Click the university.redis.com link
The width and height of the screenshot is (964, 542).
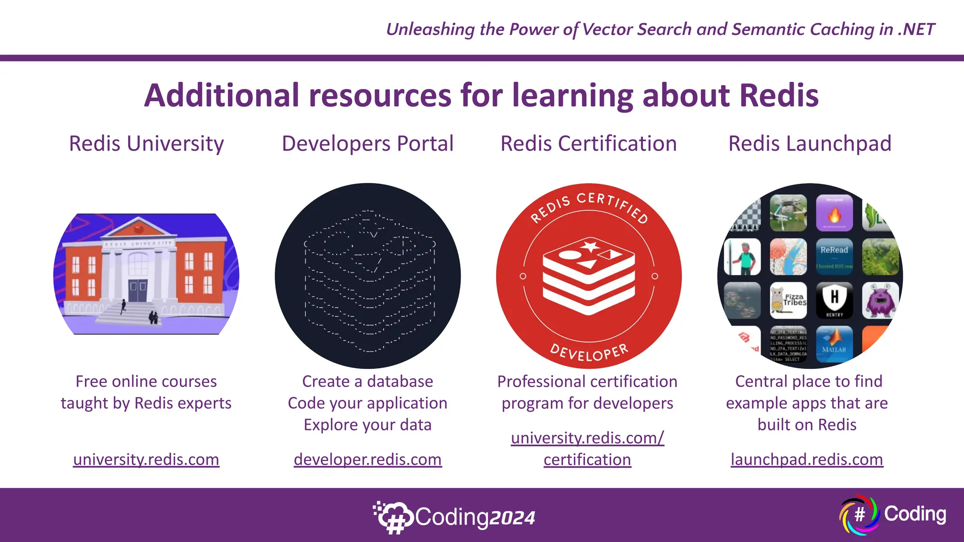(146, 459)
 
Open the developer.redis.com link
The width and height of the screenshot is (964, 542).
(368, 459)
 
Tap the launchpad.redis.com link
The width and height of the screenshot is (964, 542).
(807, 459)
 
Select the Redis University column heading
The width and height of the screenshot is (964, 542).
(146, 143)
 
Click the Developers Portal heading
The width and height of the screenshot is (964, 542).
(368, 143)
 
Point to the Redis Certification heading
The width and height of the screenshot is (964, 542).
(588, 143)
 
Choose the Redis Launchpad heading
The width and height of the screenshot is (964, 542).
(810, 143)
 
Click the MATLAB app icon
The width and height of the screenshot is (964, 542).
(834, 343)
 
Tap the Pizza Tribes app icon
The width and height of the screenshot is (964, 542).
(788, 300)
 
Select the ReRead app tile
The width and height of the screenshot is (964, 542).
(834, 256)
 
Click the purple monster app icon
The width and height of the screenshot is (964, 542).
(880, 300)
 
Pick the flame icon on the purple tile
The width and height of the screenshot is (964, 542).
(834, 215)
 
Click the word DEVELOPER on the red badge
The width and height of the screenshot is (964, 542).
(589, 351)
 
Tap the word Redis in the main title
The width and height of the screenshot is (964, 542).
(779, 96)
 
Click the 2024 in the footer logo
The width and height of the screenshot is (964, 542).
(512, 518)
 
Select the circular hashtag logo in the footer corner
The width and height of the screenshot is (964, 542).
(860, 515)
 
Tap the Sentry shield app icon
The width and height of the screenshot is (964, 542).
(834, 300)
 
